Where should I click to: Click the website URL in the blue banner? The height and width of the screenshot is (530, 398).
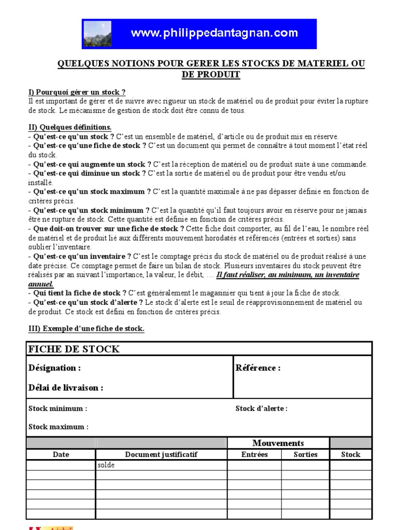pos(214,34)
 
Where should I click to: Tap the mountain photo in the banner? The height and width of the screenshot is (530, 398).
pos(97,34)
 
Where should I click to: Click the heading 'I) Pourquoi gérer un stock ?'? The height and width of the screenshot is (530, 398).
pos(77,92)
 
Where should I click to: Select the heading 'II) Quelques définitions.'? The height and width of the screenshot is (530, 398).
pos(69,127)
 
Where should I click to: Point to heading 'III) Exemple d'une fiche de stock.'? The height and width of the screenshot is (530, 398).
pos(86,329)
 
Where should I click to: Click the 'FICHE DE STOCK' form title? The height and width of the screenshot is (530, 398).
pos(74,349)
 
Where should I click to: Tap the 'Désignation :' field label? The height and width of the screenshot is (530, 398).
pos(54,368)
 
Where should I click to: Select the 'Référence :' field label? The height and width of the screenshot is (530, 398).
pos(258,368)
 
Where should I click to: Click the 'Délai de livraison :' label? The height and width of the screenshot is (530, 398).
pos(65,388)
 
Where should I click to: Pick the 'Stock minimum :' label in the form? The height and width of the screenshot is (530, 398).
pos(58,408)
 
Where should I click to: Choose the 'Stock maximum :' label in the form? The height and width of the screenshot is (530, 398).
pos(58,427)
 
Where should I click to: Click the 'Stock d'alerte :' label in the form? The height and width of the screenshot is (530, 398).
pos(261,408)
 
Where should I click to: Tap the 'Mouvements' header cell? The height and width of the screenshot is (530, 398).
pos(278,443)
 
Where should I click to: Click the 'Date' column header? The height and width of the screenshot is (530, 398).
pos(61,454)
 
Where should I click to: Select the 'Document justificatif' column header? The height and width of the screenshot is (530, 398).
pos(161,454)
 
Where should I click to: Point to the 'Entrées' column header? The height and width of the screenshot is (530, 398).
pos(254,454)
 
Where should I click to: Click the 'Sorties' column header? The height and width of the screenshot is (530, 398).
pos(305,454)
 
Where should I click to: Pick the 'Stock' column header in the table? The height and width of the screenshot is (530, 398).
pos(350,454)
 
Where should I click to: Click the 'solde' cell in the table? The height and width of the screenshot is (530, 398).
pos(106,465)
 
